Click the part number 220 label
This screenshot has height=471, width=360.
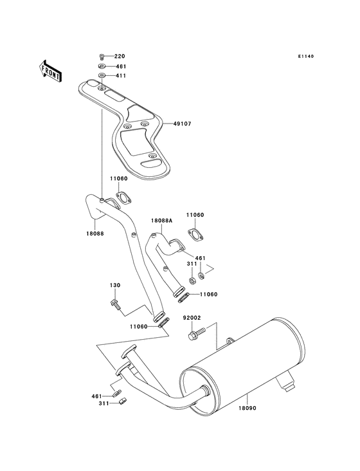(120, 57)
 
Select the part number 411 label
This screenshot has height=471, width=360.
(120, 76)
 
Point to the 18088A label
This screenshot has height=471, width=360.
(161, 221)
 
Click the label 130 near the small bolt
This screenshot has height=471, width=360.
(114, 285)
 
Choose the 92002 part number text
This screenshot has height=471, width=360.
(193, 317)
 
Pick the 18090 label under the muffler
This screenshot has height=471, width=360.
(248, 407)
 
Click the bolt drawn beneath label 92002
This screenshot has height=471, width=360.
(195, 335)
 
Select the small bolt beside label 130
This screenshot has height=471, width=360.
(114, 302)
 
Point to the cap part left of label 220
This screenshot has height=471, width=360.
(102, 57)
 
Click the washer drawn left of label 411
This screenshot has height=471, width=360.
(102, 76)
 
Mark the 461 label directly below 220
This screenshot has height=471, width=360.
(120, 66)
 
